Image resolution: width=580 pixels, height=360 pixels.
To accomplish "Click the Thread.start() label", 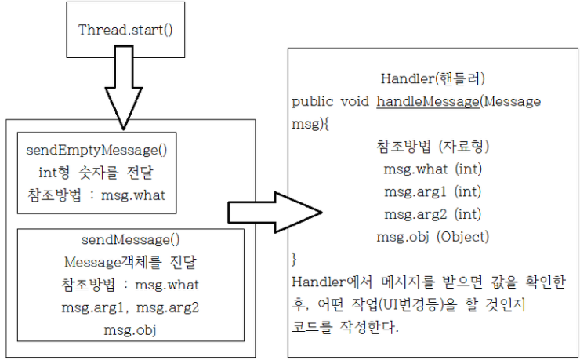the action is [125, 30].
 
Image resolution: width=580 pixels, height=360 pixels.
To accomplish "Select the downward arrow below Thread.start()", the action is [124, 88].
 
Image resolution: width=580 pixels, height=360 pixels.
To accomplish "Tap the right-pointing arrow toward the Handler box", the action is [275, 213].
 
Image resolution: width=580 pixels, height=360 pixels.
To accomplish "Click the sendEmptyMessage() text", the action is [96, 151].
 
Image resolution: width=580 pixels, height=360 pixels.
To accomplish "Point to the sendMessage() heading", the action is [131, 240].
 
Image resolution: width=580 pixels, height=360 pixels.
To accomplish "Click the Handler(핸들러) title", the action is [433, 78].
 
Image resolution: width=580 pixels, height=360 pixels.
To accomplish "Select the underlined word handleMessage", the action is [428, 101].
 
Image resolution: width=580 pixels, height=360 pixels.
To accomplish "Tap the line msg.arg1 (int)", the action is [433, 191].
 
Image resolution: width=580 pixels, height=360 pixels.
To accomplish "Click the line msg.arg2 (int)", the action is [433, 214].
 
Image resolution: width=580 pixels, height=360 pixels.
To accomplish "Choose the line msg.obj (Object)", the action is [433, 237].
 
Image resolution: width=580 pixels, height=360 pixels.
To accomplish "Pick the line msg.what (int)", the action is [433, 169].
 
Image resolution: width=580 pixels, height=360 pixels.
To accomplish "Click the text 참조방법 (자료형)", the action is [433, 147].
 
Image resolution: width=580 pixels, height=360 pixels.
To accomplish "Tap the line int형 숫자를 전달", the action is [96, 173].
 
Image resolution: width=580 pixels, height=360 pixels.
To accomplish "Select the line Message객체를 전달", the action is [130, 262].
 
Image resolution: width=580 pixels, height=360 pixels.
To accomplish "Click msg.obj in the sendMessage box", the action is [130, 330].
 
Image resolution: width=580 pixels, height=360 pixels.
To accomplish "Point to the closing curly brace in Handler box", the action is [294, 260].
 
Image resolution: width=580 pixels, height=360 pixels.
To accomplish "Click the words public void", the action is [330, 101].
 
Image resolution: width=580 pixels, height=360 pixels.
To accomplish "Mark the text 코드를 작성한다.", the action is [345, 327].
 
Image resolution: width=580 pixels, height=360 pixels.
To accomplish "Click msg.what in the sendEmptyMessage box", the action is [133, 195].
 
